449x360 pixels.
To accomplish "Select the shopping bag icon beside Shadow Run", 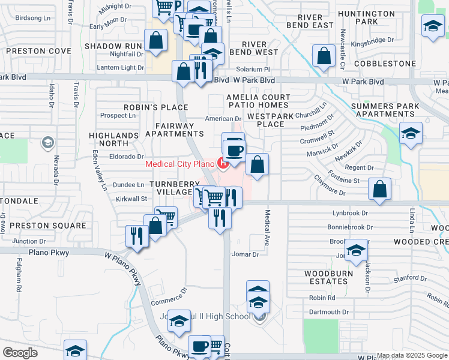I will (x=155, y=41).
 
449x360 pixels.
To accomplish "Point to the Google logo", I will (x=20, y=353).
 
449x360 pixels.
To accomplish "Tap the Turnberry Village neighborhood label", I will (x=171, y=187).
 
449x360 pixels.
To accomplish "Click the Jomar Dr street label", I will (x=245, y=254).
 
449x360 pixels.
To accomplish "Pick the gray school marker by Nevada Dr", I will (x=47, y=143).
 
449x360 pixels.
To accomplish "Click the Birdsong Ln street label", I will (x=32, y=18).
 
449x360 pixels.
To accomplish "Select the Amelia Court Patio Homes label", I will (x=258, y=101).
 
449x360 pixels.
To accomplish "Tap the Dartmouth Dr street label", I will (x=328, y=312).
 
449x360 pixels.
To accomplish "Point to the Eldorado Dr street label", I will (x=122, y=157).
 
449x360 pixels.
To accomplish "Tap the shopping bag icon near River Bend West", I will (x=324, y=55).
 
